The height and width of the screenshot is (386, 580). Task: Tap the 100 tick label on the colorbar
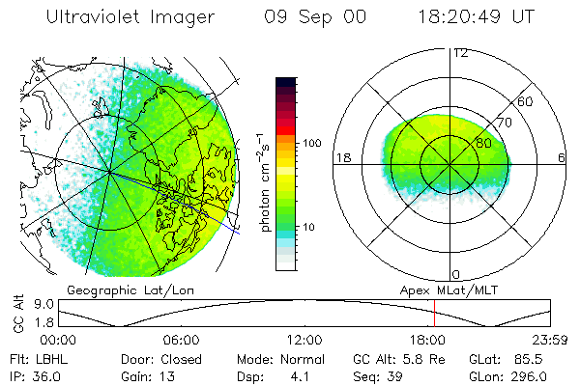(311, 143)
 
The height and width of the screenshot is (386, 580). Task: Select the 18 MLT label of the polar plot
(341, 157)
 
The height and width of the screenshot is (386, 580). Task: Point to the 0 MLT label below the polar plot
(456, 274)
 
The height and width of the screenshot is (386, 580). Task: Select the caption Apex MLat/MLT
(444, 289)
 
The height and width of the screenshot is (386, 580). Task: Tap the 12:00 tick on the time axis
(304, 340)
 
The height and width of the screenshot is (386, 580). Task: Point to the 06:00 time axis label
(182, 340)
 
